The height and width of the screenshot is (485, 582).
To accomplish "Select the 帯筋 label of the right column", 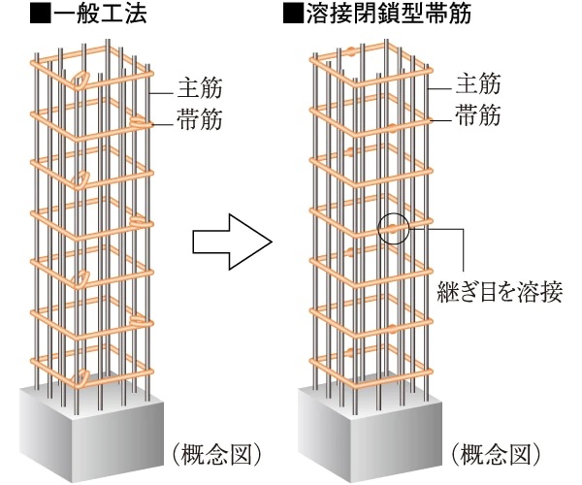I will (x=478, y=117).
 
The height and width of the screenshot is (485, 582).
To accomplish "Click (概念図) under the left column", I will (x=215, y=452).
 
